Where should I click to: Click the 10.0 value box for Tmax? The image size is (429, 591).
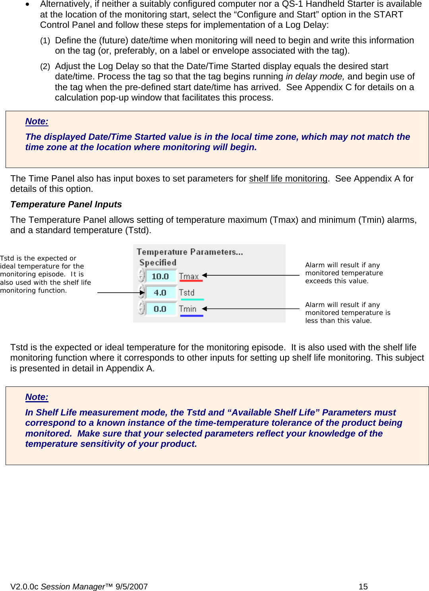[160, 276]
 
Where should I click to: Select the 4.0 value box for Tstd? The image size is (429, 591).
[160, 293]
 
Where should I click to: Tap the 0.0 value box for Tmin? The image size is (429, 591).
[160, 309]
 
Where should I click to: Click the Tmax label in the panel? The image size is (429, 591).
[189, 276]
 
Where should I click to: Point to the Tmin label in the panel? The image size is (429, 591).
[187, 309]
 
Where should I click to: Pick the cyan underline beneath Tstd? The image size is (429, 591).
[192, 299]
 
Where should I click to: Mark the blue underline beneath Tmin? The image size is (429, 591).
[191, 316]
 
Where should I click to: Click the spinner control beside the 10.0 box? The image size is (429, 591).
[141, 275]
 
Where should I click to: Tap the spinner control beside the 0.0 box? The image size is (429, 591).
[141, 307]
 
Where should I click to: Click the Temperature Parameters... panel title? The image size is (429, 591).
[189, 252]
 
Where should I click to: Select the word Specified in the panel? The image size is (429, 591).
[158, 263]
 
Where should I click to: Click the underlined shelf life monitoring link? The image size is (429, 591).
[288, 179]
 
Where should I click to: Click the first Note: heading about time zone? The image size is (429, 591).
[37, 122]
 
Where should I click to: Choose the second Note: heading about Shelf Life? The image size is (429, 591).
[37, 397]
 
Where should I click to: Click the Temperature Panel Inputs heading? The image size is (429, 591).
[66, 205]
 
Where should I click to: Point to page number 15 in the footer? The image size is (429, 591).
[363, 587]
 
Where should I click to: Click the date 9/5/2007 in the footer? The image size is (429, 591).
[131, 587]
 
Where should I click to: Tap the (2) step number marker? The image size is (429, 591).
[45, 66]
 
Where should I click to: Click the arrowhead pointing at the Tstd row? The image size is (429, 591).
[142, 293]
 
